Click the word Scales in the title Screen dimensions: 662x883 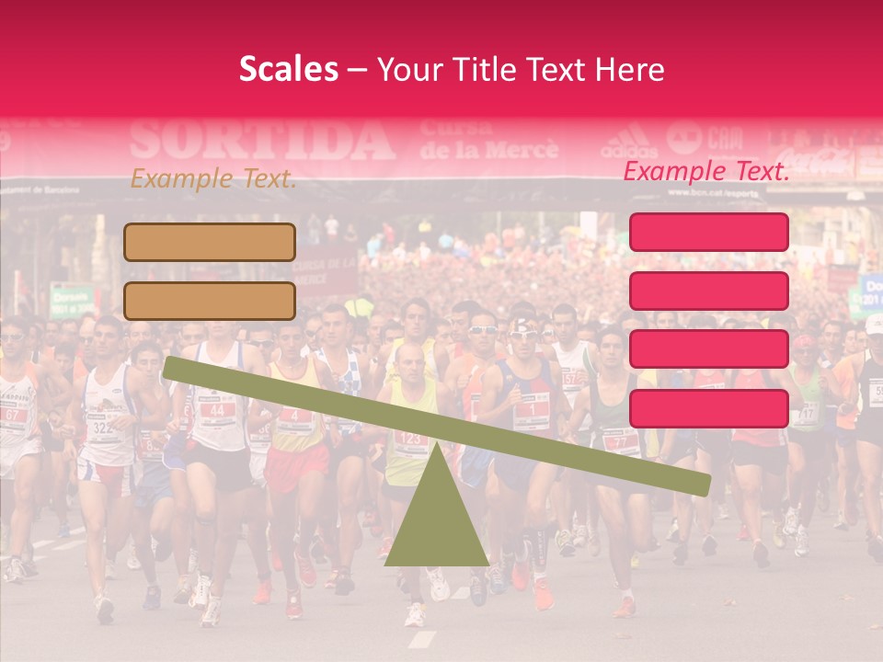click(x=288, y=70)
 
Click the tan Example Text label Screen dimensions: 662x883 click(x=212, y=179)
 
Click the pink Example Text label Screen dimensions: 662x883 click(x=706, y=171)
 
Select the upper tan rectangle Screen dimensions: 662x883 click(x=210, y=242)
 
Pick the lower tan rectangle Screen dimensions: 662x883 click(x=210, y=301)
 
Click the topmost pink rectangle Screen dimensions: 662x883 click(x=709, y=232)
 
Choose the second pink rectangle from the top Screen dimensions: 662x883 click(x=709, y=291)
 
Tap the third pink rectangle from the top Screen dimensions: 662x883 click(x=709, y=349)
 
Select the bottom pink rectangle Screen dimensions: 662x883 click(x=709, y=408)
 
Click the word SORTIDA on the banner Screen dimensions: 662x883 click(x=262, y=141)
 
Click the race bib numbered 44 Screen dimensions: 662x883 click(x=217, y=409)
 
